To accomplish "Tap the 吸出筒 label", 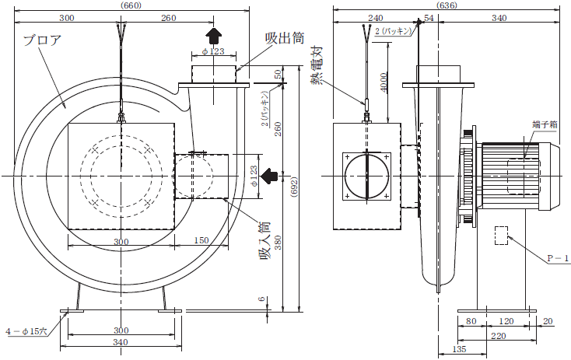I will [x=284, y=37].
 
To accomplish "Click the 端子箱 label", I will [x=545, y=124].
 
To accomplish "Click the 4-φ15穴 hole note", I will [x=25, y=330].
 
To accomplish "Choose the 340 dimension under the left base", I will [x=120, y=343].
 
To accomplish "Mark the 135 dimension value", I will [x=461, y=349].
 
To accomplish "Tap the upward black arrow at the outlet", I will [x=213, y=33].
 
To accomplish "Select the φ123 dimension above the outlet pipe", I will [x=212, y=51].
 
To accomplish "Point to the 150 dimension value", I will [x=201, y=241].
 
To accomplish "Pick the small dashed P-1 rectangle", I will [x=501, y=235].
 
